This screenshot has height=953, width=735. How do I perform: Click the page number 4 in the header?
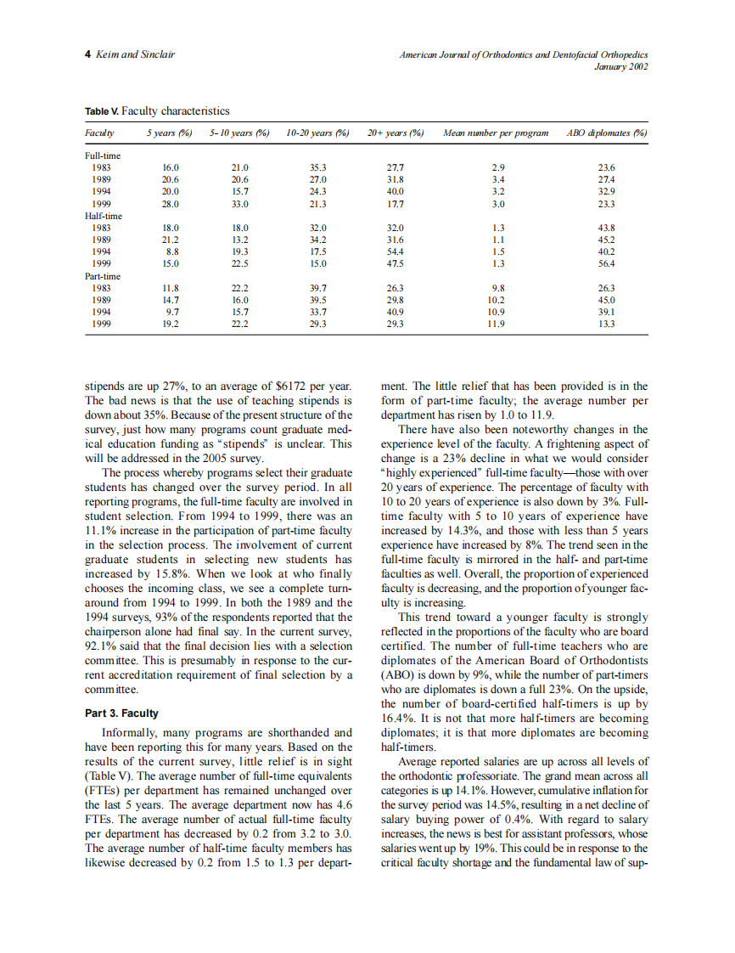coord(88,54)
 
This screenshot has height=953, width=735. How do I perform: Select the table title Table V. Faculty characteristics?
coord(157,111)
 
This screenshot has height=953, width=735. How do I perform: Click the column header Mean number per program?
coord(496,133)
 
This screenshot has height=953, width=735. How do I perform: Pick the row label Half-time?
coord(104,216)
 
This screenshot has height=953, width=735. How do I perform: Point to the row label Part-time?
coord(104,276)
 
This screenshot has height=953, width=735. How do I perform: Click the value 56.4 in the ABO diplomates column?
coord(606,264)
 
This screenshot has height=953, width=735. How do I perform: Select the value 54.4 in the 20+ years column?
coord(395,252)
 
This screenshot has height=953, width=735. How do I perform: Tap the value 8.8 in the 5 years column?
coord(171,252)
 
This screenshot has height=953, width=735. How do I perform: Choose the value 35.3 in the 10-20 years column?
coord(318,168)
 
